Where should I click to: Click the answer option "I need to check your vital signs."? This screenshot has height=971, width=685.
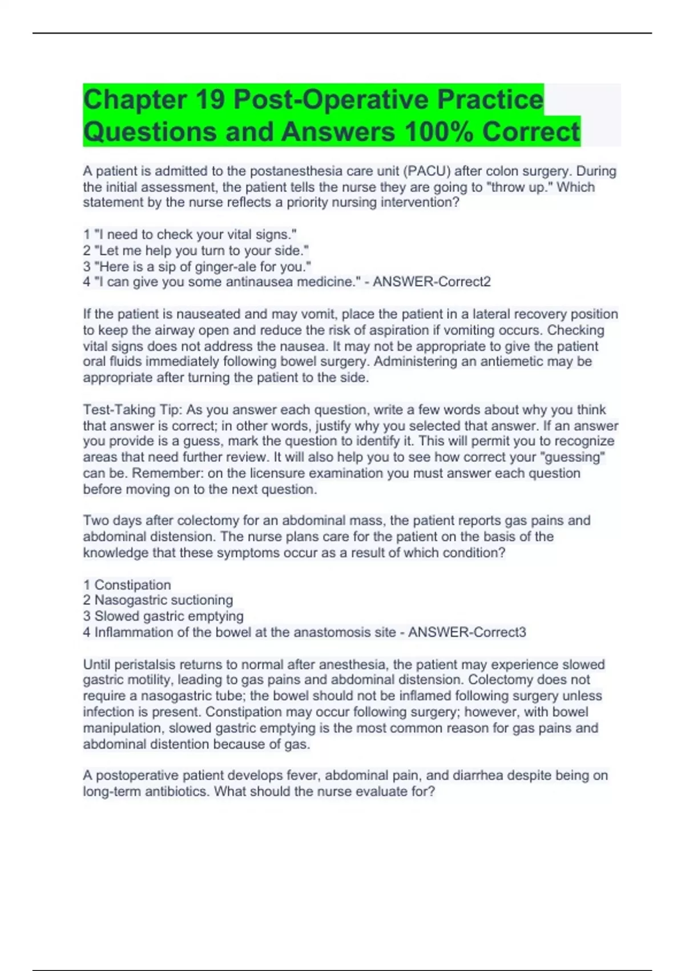195,235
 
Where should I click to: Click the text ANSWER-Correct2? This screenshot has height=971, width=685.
432,282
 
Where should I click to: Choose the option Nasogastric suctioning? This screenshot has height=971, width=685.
163,600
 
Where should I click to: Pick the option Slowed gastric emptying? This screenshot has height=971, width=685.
168,616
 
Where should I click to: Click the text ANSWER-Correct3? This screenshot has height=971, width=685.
467,632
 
